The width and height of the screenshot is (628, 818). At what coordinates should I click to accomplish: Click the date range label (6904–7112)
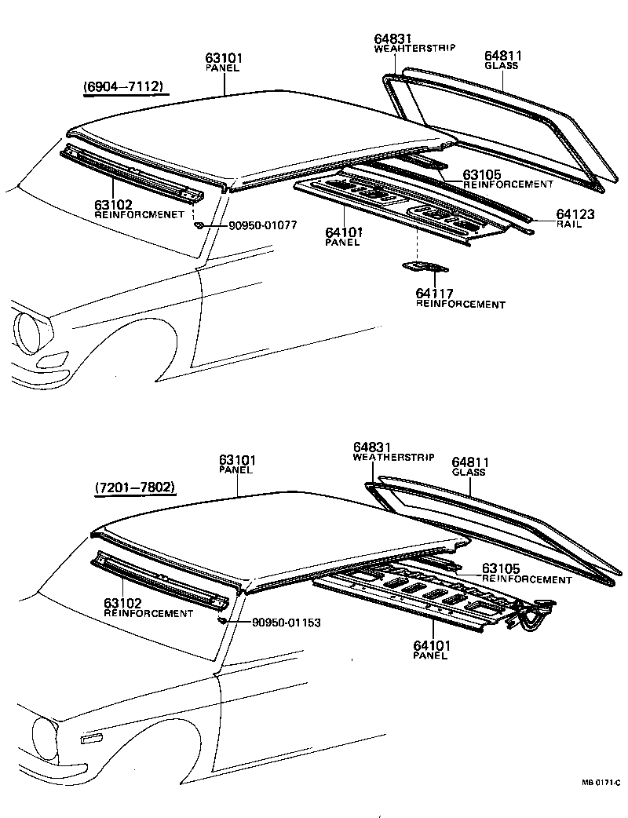click(x=123, y=86)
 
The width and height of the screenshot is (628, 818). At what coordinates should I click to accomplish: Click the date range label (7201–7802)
click(x=134, y=488)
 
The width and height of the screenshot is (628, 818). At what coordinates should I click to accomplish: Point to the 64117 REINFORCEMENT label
click(x=460, y=299)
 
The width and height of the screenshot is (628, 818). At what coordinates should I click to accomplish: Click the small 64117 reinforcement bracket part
click(x=417, y=268)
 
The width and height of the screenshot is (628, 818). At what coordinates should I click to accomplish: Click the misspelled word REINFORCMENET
click(x=140, y=214)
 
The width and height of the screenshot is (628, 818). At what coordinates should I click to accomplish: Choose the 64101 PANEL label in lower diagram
click(x=429, y=650)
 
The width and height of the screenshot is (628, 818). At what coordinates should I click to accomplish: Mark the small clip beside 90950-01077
click(x=199, y=225)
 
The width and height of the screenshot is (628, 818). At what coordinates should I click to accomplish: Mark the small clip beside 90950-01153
click(x=223, y=621)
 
